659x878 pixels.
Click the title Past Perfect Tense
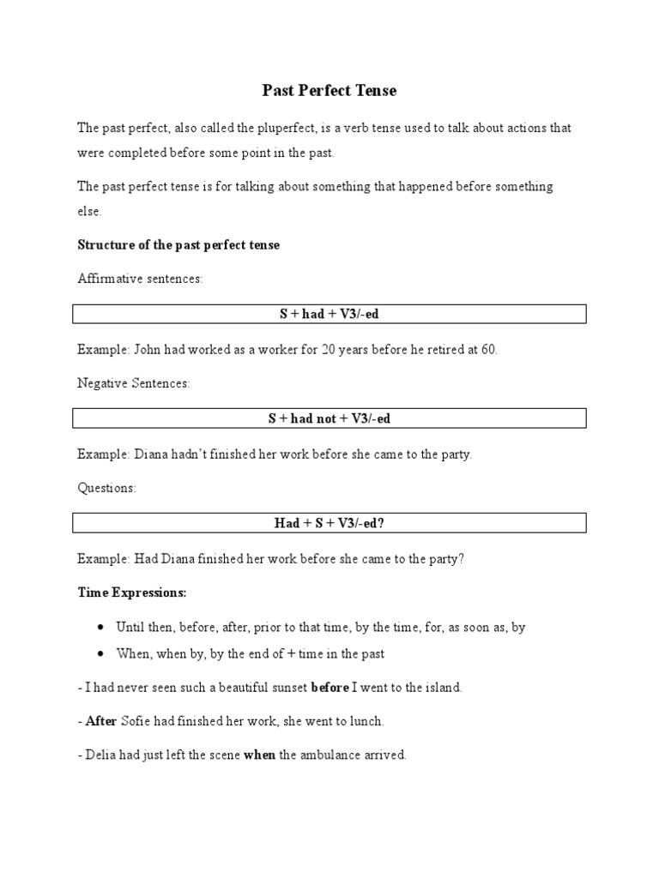(329, 90)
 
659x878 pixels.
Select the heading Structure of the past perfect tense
(178, 244)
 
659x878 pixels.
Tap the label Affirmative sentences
(140, 280)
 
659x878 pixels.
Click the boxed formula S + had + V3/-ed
(329, 314)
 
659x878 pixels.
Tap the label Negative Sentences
(133, 383)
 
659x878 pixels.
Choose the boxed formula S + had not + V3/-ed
(329, 418)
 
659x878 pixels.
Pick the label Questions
(106, 488)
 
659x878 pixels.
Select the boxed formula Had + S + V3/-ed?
(329, 523)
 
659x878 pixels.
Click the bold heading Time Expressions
(132, 592)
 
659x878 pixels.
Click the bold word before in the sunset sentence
(329, 687)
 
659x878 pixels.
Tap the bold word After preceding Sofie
(101, 721)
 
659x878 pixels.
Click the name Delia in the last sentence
(100, 755)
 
